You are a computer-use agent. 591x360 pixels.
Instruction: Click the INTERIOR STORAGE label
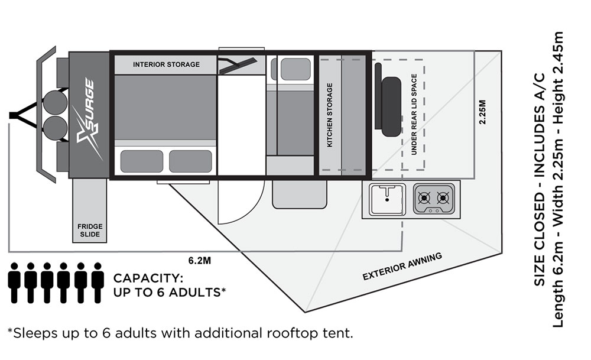click(x=166, y=64)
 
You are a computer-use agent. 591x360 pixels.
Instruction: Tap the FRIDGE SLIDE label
click(x=90, y=230)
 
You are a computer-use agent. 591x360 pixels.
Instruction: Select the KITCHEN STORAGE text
click(x=330, y=115)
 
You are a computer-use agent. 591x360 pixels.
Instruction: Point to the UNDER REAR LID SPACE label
click(x=414, y=115)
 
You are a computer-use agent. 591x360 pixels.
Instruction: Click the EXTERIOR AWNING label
click(x=402, y=267)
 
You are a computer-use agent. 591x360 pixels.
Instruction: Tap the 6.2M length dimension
click(x=199, y=261)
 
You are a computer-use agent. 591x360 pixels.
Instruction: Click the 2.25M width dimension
click(x=482, y=112)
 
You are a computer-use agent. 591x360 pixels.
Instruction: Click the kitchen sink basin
click(x=387, y=199)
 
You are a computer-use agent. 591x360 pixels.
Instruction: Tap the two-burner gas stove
click(x=434, y=199)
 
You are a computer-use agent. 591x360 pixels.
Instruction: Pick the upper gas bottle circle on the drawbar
click(x=55, y=101)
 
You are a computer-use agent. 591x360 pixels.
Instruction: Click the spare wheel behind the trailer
click(x=391, y=106)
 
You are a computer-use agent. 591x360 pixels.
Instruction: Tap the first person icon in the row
click(x=14, y=283)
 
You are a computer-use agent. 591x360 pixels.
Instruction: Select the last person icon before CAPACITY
click(x=98, y=283)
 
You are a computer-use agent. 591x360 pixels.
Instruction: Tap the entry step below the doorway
click(x=299, y=194)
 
